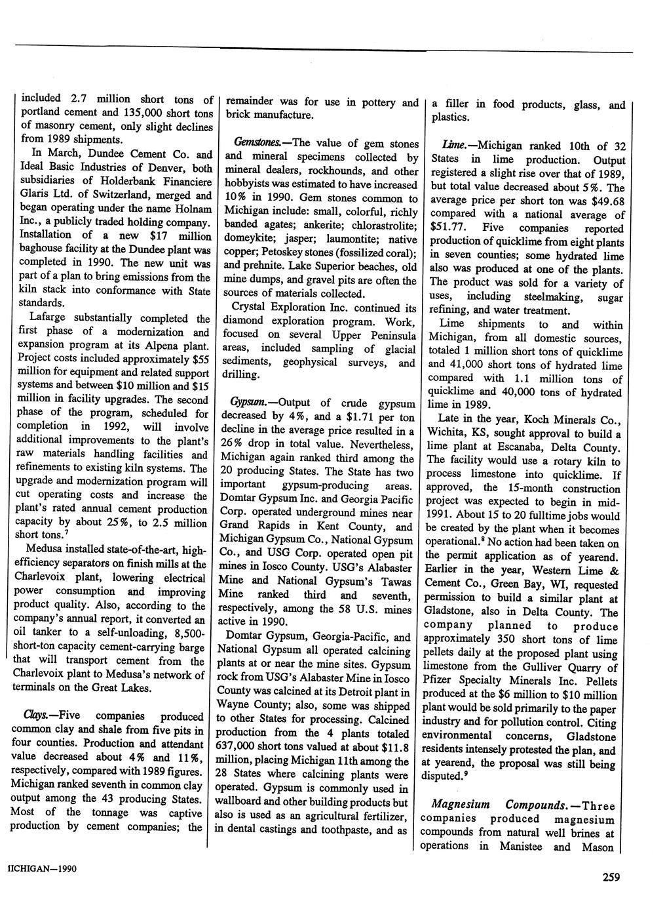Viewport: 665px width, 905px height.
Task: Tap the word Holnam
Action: pos(193,209)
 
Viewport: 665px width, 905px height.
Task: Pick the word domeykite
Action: pos(248,239)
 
